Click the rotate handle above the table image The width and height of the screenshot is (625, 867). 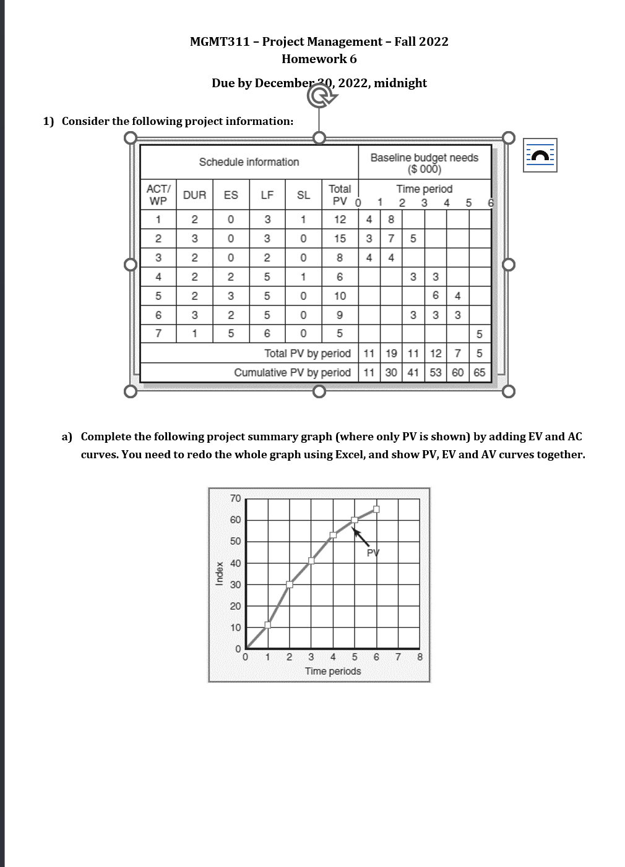tap(319, 95)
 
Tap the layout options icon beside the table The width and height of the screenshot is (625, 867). tap(540, 155)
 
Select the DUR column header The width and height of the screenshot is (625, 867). tap(194, 195)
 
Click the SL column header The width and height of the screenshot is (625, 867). tap(303, 195)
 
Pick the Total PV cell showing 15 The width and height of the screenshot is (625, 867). tap(340, 238)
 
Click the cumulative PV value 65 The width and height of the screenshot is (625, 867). tap(480, 372)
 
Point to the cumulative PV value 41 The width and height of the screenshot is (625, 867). tap(413, 372)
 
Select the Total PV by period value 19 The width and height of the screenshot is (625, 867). tap(391, 353)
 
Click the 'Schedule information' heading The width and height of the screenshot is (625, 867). tap(249, 162)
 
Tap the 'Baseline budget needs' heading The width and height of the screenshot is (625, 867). tap(424, 158)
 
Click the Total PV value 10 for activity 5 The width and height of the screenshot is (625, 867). tap(340, 296)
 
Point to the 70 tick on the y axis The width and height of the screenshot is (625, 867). tap(235, 498)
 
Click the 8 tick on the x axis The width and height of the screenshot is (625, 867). tap(420, 657)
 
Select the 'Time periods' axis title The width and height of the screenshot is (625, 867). tap(333, 671)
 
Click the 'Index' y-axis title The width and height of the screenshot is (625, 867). tap(219, 573)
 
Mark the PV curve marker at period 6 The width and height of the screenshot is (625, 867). tap(376, 510)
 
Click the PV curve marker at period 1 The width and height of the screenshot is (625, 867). tap(267, 625)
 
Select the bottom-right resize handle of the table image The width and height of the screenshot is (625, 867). tap(508, 391)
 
